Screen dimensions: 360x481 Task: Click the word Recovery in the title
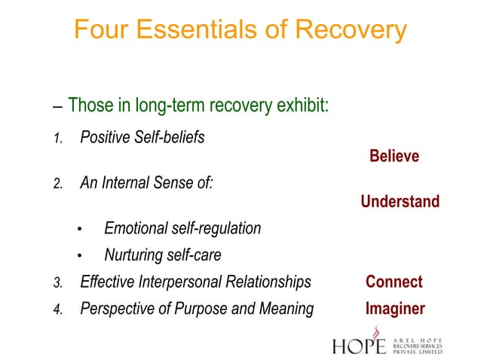(351, 30)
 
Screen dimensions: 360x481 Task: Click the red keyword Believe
(394, 157)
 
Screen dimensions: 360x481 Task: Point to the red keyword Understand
(400, 202)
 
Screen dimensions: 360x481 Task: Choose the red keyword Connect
(394, 282)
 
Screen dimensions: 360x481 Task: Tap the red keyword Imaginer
(395, 309)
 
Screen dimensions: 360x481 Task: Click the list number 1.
(57, 139)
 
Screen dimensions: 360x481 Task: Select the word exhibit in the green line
(303, 105)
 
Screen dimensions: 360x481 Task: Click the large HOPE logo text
(359, 345)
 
